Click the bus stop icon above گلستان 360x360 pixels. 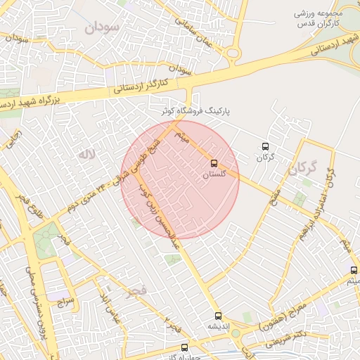(214, 163)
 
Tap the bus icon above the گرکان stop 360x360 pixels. (264, 146)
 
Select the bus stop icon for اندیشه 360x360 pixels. (217, 316)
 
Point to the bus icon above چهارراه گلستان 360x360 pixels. (184, 347)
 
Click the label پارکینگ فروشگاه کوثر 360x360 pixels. (193, 111)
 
